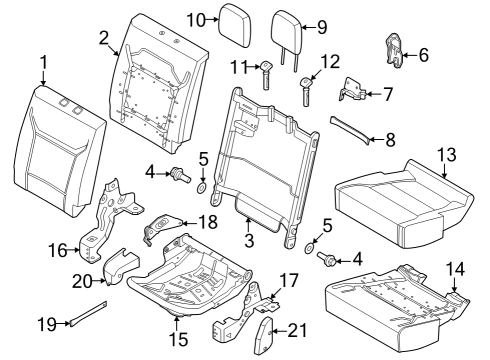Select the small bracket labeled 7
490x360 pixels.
352,92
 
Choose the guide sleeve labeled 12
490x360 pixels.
306,90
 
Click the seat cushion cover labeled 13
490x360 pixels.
400,200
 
